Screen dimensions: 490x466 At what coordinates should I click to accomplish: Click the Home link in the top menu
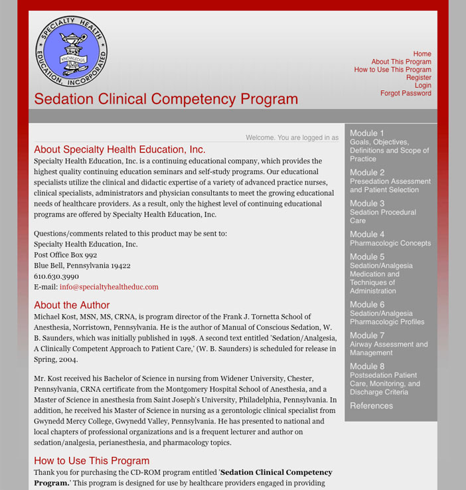[422, 54]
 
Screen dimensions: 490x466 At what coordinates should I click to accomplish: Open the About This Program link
[401, 62]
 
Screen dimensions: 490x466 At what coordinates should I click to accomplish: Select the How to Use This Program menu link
[392, 70]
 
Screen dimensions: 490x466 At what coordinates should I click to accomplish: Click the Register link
[418, 78]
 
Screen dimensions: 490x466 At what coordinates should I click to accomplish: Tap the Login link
[423, 86]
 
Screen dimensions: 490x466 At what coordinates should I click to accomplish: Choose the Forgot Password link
[406, 94]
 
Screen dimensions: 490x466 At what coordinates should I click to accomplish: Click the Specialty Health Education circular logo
[71, 52]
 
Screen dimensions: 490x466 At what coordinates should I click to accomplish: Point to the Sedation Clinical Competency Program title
[166, 100]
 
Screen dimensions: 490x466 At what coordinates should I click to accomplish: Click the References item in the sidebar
[371, 406]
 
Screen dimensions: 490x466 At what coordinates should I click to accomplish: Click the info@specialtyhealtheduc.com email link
[109, 287]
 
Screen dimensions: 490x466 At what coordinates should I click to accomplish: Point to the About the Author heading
[72, 305]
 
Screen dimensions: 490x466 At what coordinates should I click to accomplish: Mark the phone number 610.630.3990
[56, 276]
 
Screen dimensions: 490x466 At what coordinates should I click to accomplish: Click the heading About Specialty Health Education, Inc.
[119, 149]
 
